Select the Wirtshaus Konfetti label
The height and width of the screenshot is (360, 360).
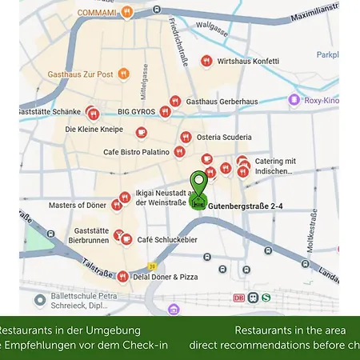248,61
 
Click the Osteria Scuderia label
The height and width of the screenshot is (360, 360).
226,137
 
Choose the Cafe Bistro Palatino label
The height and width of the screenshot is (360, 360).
136,151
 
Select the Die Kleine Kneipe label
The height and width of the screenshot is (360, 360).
94,129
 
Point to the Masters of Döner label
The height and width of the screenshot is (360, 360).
78,206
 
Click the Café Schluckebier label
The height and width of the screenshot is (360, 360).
167,239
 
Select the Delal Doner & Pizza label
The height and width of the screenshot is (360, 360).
165,277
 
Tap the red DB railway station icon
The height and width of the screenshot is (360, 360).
238,298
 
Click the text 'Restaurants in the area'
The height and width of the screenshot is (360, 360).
290,330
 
